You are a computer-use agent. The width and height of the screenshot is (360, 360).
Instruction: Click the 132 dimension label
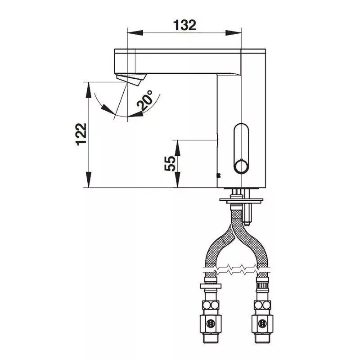coord(184,25)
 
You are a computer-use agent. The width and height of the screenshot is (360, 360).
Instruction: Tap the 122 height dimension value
coord(81,134)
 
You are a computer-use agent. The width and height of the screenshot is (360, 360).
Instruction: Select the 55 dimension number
coord(170,163)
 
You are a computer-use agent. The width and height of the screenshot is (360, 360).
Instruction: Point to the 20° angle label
coord(145,99)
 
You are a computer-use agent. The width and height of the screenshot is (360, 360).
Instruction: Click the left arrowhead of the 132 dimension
coord(135,33)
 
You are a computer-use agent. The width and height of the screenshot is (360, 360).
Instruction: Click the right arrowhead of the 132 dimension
coord(234,33)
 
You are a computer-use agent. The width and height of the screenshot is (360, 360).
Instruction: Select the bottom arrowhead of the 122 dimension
coord(88,180)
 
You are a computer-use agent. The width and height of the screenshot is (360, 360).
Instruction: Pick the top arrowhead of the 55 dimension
coord(177,148)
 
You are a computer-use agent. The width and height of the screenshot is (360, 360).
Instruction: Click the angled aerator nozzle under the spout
coord(131,79)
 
